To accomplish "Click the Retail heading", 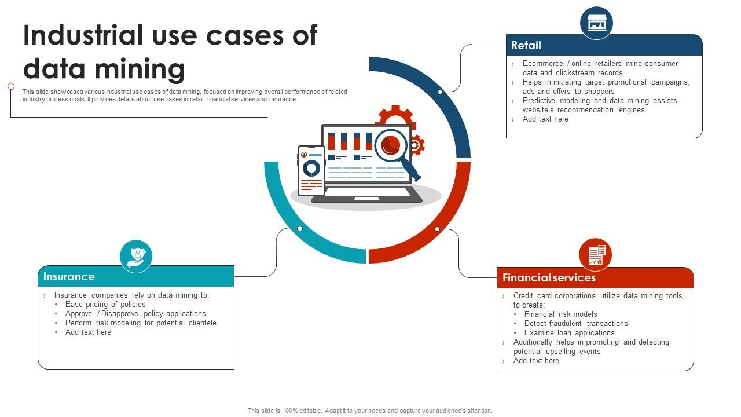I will (526, 45).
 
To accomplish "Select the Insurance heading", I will (69, 277).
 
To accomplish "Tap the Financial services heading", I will (549, 278).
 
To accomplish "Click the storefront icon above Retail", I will (596, 23).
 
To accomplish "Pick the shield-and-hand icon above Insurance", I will (136, 256).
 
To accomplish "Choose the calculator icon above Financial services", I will (596, 255).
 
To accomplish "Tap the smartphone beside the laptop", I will (311, 170).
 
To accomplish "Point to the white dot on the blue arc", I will (440, 92).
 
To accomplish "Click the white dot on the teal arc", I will (300, 229).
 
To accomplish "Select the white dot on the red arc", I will (437, 229).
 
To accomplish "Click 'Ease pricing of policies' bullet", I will (105, 305).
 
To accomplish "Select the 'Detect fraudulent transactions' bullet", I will (575, 324).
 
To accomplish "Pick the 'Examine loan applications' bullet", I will (569, 333).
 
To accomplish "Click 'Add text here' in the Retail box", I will (545, 119).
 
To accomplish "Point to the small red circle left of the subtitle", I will (11, 86).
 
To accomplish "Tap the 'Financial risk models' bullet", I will (560, 314).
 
